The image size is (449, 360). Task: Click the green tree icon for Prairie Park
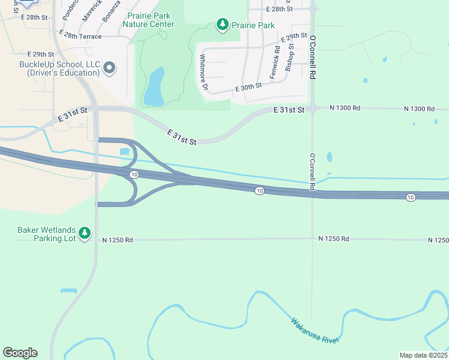coord(223,25)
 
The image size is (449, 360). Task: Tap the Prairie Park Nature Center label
coord(148,20)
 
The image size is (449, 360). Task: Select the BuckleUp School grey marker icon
coord(109,68)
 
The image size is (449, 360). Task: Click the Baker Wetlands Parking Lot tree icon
coord(85,233)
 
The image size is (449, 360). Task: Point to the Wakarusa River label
coord(315,330)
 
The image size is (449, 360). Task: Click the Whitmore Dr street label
coord(203,72)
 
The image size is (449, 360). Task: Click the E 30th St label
coord(249,88)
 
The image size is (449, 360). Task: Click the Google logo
coord(20,353)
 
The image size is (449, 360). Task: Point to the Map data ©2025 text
coord(424,355)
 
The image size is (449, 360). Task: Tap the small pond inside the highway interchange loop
coord(125,152)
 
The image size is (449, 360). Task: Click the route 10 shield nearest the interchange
coord(133,174)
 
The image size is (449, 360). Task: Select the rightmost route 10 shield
coord(411,197)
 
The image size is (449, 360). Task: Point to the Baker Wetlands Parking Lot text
coord(47,233)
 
